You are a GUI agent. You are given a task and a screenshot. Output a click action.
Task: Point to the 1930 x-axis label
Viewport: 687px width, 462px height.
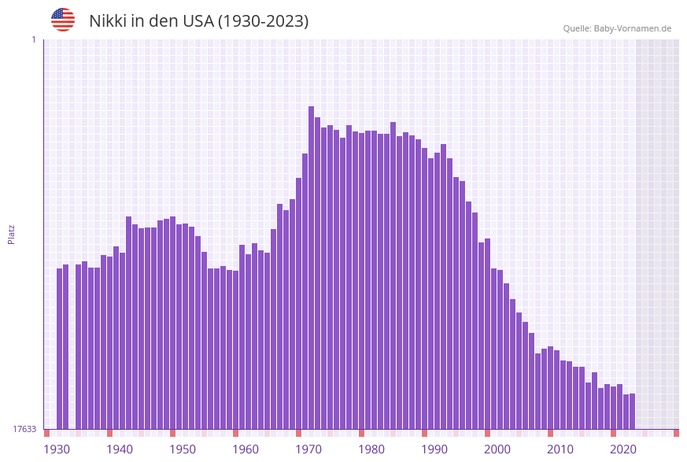[x=56, y=449]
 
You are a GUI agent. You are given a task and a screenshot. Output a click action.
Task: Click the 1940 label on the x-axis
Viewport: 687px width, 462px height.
[x=120, y=449]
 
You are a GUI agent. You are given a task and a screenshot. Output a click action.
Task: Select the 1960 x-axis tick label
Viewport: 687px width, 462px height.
[x=246, y=449]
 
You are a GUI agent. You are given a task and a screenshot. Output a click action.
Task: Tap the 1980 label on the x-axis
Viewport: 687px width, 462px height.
[x=371, y=449]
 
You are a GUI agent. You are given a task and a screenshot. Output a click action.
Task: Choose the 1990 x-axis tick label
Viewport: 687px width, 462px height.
[x=434, y=449]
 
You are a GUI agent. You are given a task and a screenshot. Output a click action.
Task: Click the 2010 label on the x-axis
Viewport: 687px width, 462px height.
[x=560, y=449]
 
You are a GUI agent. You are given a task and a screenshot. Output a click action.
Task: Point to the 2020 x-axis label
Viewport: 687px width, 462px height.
[x=623, y=449]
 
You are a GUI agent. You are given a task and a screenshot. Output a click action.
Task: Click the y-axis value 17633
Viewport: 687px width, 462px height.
[x=24, y=429]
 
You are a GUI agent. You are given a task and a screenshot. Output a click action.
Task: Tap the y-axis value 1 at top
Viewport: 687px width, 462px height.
[x=33, y=39]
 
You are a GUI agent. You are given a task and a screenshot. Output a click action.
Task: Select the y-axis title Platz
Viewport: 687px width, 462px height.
[x=12, y=234]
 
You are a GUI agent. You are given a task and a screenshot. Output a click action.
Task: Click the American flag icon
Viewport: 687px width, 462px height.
[x=63, y=20]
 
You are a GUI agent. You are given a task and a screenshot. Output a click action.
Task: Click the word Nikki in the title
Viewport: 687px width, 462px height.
[x=108, y=21]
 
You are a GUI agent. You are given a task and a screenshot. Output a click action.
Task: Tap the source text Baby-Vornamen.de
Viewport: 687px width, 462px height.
[x=633, y=28]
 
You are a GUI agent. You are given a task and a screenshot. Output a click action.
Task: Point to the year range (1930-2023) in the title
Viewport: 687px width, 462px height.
[x=263, y=21]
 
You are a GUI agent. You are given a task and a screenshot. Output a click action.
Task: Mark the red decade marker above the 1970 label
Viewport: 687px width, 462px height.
[x=298, y=433]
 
